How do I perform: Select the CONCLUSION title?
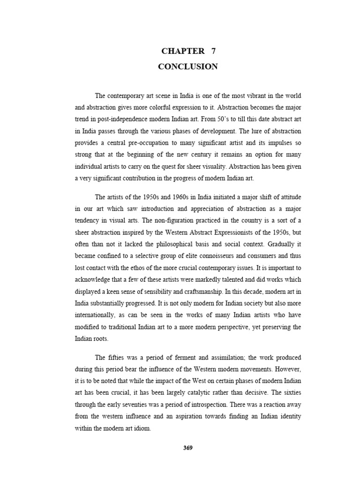tap(188, 67)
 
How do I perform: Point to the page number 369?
tap(188, 448)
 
